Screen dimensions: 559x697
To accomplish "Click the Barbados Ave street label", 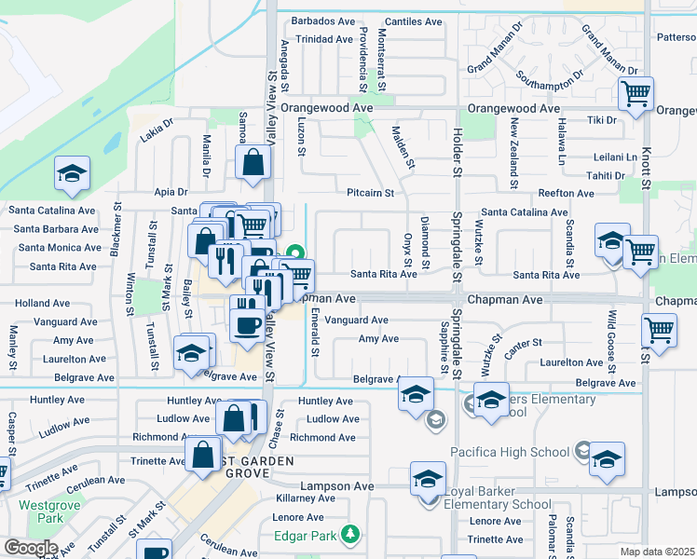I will [x=323, y=20].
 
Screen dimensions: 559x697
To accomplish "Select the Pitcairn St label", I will [x=371, y=194].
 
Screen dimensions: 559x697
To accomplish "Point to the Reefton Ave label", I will [x=566, y=194].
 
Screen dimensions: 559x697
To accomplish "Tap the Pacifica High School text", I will [x=510, y=453].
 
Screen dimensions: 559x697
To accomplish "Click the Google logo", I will [x=30, y=548].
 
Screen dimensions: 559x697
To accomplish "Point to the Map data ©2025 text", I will [x=658, y=552].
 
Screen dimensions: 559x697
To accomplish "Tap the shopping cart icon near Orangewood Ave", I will [x=635, y=93].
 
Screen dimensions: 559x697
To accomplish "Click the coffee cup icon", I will [x=248, y=325].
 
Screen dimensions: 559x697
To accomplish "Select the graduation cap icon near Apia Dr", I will [x=72, y=173].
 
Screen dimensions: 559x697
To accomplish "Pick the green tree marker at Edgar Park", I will [x=349, y=535].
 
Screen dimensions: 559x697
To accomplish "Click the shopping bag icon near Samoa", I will [x=253, y=163].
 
